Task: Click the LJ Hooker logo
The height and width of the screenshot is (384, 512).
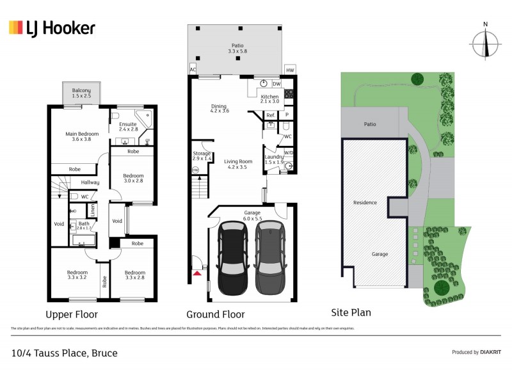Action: [x=52, y=28]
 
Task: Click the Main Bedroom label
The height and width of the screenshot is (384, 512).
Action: [x=81, y=137]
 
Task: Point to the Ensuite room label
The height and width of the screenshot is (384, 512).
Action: [x=129, y=126]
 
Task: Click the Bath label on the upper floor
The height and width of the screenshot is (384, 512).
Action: [x=84, y=224]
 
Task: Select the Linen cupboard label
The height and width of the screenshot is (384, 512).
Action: [x=93, y=209]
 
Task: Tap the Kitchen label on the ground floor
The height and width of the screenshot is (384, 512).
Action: [x=270, y=98]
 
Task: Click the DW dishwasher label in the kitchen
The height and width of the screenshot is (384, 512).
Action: [x=276, y=84]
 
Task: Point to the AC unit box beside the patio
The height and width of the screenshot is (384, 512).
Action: [x=193, y=70]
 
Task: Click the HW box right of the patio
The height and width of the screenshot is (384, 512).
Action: [x=290, y=70]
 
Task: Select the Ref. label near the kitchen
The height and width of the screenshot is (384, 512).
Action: [x=270, y=115]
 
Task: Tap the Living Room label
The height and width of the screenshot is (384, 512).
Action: [x=236, y=164]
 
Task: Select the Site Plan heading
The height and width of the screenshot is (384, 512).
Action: [x=351, y=313]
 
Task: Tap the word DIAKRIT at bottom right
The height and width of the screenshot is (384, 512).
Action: [x=490, y=352]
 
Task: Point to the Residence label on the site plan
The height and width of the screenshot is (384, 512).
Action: [x=365, y=202]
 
